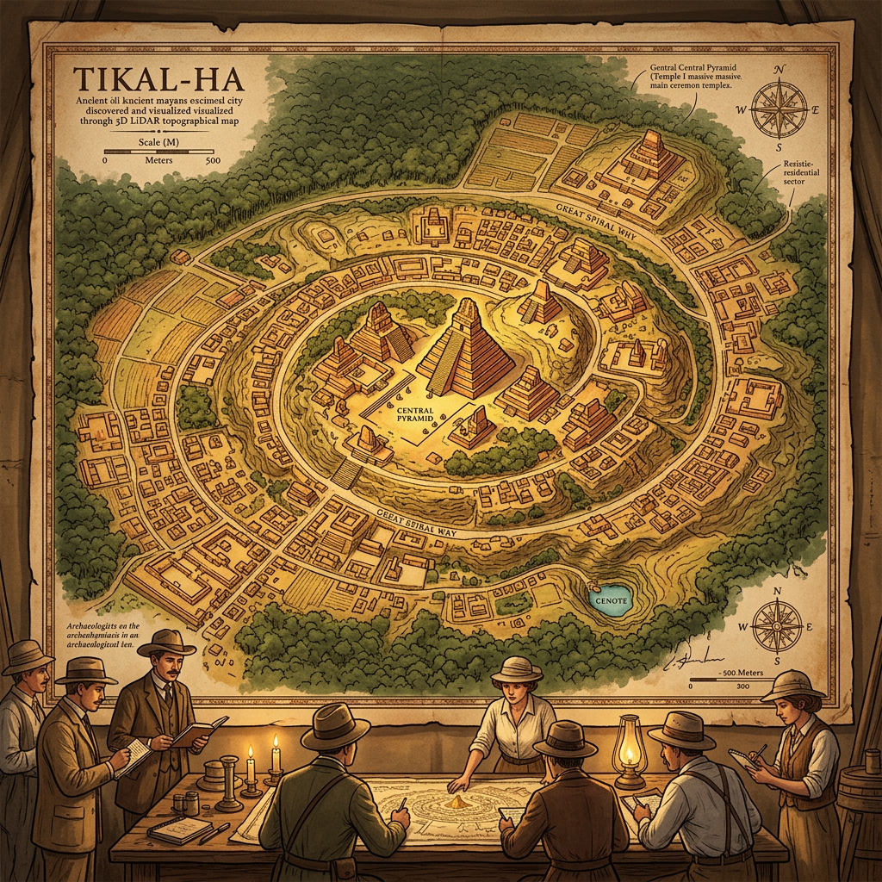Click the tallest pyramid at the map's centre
tap(466, 349)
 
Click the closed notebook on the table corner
tap(178, 829)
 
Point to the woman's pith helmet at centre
tap(516, 669)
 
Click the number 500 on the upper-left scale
tap(213, 160)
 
